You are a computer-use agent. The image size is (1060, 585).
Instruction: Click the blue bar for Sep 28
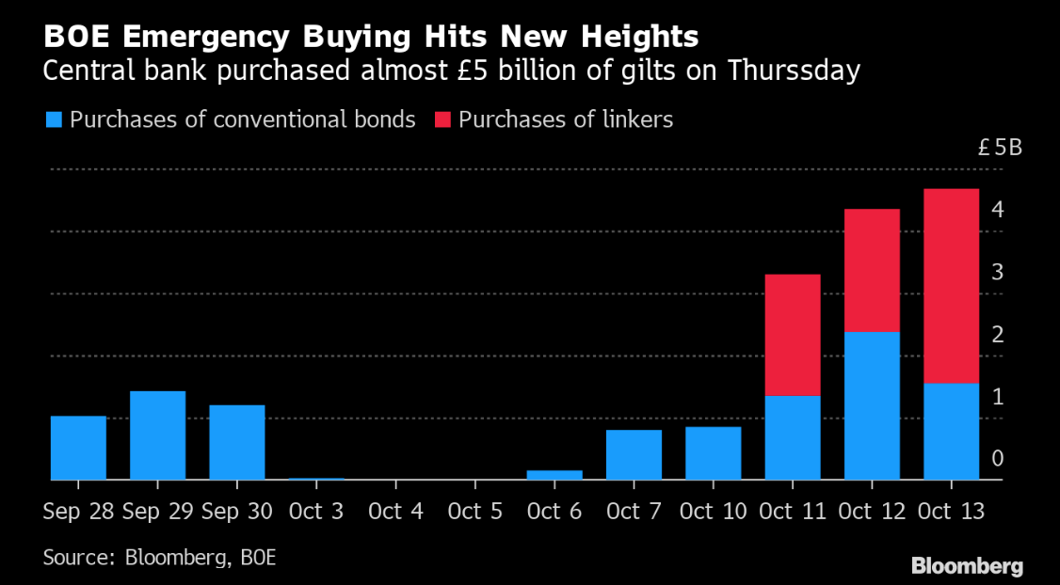click(78, 448)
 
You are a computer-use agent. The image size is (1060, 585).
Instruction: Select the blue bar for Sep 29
click(157, 435)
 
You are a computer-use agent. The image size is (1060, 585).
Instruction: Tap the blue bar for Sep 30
click(237, 442)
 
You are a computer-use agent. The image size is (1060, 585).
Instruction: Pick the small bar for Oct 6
click(554, 475)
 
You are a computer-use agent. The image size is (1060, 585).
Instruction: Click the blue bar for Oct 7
click(634, 454)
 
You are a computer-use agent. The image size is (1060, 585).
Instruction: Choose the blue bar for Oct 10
click(714, 453)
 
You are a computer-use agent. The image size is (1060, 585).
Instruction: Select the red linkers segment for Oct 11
click(793, 335)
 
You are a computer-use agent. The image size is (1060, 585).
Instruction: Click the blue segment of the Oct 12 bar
click(872, 406)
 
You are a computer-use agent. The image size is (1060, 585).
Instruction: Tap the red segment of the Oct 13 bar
click(951, 286)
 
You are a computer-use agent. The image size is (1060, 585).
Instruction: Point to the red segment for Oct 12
click(872, 270)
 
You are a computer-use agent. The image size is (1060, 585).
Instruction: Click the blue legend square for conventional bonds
click(54, 120)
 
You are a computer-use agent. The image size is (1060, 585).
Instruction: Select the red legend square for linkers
click(442, 120)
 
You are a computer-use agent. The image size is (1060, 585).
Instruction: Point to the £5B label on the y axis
click(1000, 148)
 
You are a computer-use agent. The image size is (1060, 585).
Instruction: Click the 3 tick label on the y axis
click(997, 272)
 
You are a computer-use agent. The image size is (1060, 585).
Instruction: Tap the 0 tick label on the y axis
click(997, 459)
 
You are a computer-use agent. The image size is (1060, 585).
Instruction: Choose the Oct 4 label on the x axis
click(395, 512)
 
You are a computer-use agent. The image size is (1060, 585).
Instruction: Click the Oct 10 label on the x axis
click(714, 512)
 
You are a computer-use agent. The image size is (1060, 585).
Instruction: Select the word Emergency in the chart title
click(205, 38)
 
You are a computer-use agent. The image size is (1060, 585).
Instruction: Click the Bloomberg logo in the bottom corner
click(967, 565)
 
